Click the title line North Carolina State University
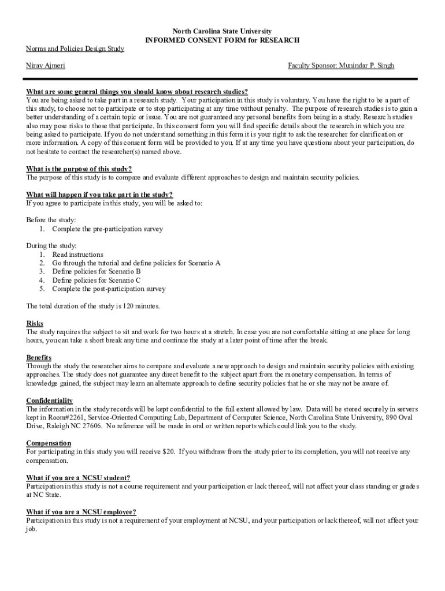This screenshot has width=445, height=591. tap(222, 31)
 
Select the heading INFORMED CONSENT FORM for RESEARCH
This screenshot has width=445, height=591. tap(222, 40)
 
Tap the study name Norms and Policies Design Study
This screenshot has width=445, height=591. tap(75, 49)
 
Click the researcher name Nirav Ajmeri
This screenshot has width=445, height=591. tap(46, 66)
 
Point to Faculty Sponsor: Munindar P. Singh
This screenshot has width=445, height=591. tap(341, 66)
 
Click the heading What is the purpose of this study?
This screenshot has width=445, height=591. tap(79, 169)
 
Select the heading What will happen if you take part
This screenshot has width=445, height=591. tap(99, 194)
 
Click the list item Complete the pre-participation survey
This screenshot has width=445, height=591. tap(107, 229)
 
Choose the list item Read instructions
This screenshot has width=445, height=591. tap(77, 255)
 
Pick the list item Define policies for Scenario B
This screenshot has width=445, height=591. tap(97, 271)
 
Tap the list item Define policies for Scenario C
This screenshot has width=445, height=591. tap(97, 280)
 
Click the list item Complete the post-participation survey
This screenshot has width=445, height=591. tap(109, 289)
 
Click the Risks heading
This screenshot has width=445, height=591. tap(35, 324)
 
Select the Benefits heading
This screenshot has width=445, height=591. tap(39, 358)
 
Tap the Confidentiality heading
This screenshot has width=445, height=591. tap(49, 401)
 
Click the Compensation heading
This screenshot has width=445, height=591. tap(49, 443)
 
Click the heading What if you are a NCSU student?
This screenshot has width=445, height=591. tap(78, 478)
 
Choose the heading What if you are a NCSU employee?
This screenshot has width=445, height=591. tap(81, 512)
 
